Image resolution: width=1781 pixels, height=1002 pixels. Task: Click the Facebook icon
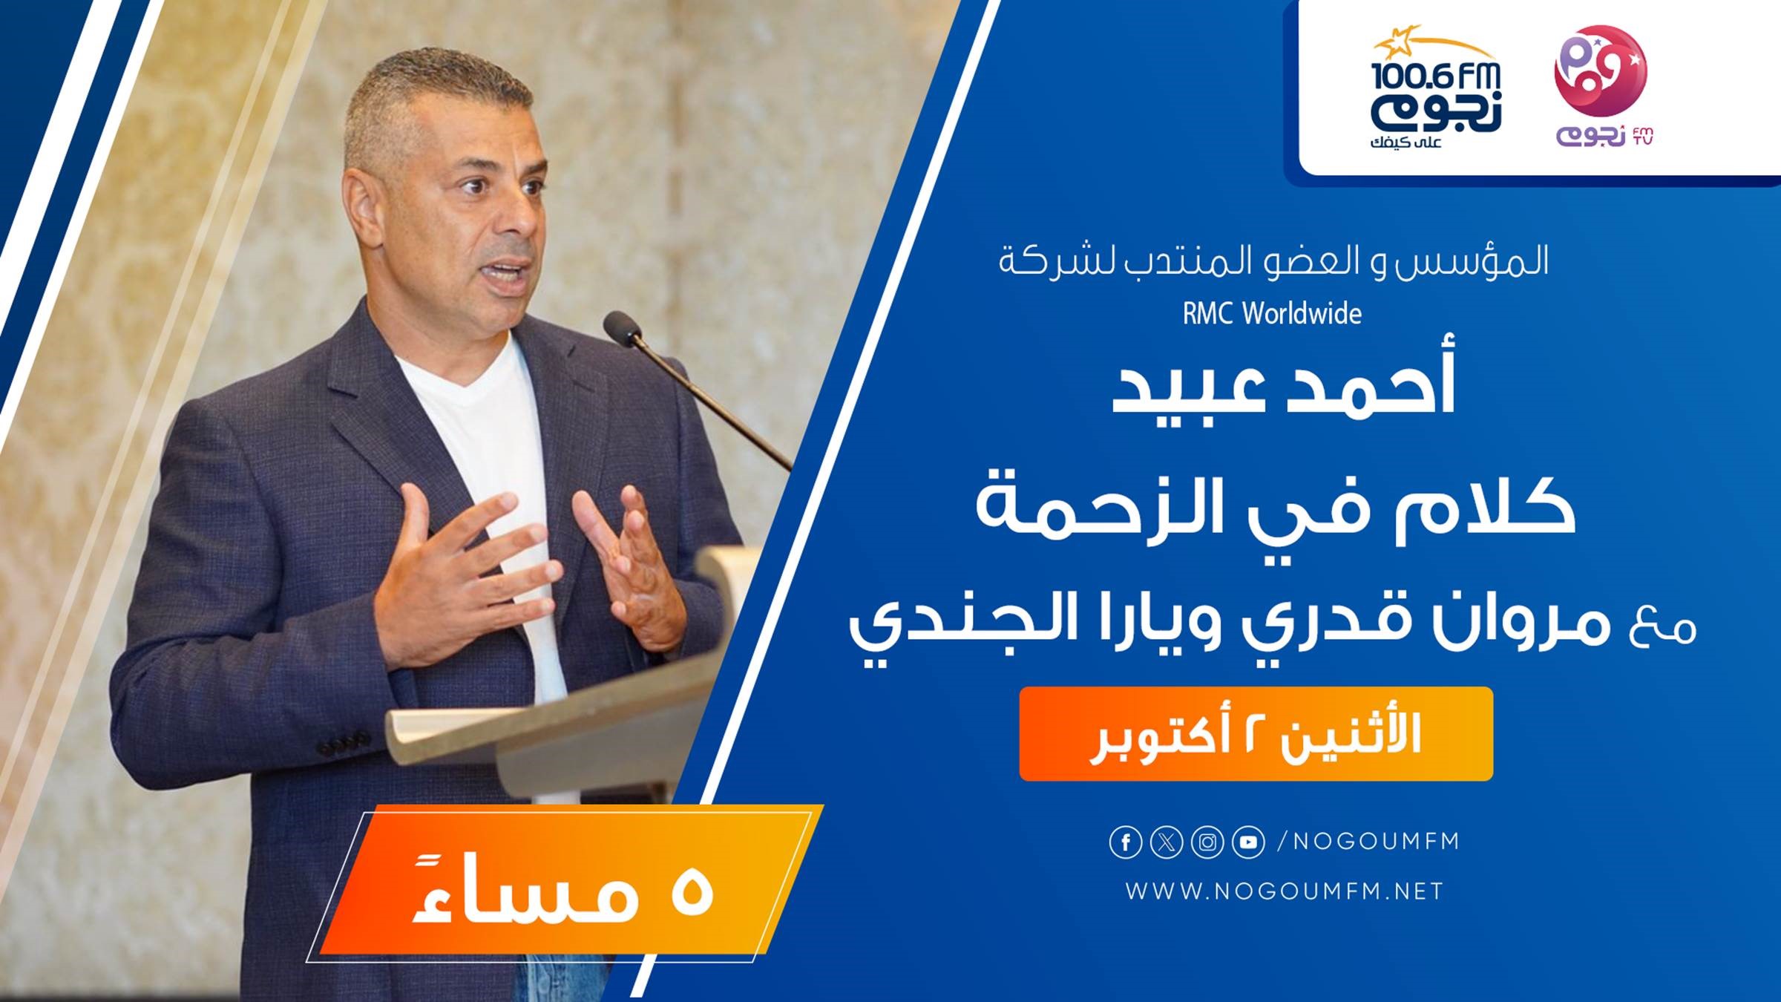pos(1125,842)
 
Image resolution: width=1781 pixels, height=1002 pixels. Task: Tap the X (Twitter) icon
pos(1167,842)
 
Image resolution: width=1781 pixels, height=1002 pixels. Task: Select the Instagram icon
pos(1207,842)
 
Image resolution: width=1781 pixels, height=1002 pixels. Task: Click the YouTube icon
pos(1248,842)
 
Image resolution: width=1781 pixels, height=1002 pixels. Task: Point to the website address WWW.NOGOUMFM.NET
pos(1285,891)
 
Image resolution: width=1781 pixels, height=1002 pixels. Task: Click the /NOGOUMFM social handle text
pos(1368,842)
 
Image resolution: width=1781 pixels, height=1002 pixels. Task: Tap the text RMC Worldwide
pos(1272,313)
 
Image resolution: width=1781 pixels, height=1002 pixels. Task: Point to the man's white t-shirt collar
pos(460,371)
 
